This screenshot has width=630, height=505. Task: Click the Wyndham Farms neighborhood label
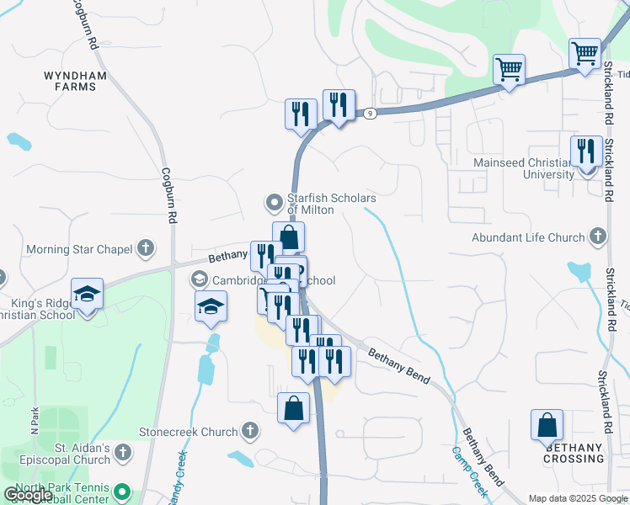coord(75,81)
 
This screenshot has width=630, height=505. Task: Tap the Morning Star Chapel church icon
coord(146,248)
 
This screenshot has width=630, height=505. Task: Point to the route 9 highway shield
coord(368,111)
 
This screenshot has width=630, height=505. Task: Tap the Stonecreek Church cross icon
coord(249,432)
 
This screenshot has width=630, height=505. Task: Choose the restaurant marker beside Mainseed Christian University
coord(586,151)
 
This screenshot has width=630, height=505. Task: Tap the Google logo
coord(28,495)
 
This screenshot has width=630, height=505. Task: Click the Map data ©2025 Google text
coord(578,498)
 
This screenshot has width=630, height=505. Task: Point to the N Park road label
coord(35,422)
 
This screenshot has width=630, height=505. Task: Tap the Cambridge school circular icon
coord(199,279)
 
